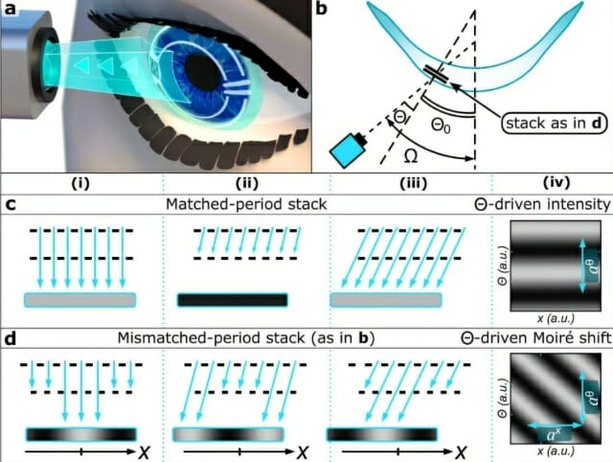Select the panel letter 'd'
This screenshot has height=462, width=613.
[10, 338]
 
